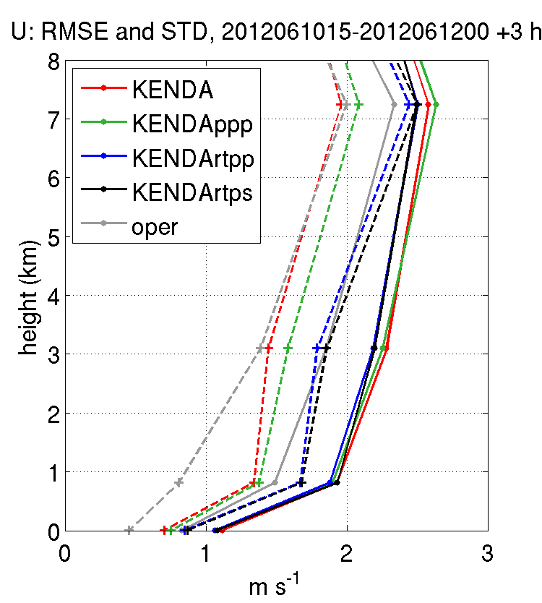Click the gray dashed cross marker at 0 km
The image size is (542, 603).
[x=129, y=531]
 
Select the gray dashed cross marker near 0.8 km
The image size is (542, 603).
[x=178, y=482]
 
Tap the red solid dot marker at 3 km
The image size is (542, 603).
[x=386, y=348]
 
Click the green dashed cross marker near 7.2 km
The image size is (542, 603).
[x=358, y=105]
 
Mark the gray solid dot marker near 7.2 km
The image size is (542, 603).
[x=394, y=105]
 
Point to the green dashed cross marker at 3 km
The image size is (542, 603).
[x=288, y=348]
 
